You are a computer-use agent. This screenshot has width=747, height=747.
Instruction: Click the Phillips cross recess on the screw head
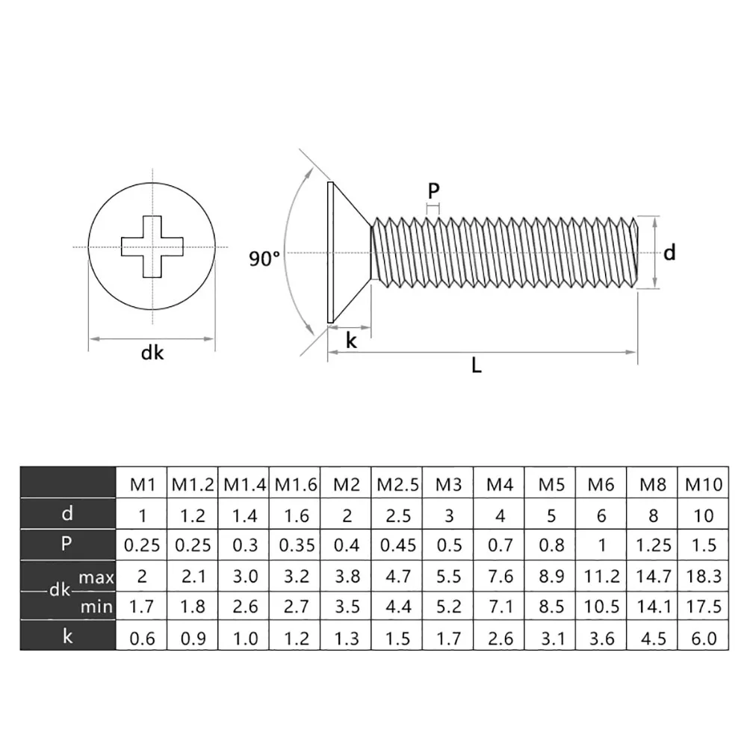152,247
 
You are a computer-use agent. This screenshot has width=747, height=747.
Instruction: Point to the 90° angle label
264,258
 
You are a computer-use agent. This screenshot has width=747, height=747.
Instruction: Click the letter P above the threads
434,190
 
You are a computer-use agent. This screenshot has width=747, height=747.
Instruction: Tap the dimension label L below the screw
477,366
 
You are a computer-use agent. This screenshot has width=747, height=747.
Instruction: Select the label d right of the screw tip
669,253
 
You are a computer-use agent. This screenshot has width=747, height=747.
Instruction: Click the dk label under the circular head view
152,353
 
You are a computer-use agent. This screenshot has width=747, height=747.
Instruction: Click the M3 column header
448,484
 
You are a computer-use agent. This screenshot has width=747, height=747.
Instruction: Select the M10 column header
704,484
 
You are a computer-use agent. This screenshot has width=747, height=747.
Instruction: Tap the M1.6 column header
295,484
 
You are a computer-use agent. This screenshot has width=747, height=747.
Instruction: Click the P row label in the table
67,545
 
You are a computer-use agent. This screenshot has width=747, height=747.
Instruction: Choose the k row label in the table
67,637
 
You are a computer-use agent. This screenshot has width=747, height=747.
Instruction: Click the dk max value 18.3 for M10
704,577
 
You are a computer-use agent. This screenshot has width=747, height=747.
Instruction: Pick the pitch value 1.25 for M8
653,545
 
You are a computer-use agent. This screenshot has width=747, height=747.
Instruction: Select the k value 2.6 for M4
500,638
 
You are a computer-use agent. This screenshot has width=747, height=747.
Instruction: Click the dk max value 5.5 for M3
448,577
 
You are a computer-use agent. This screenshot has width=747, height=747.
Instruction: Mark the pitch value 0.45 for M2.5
397,545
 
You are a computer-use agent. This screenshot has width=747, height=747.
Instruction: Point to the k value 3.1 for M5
551,638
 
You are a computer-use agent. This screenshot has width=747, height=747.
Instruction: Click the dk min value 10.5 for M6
601,607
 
